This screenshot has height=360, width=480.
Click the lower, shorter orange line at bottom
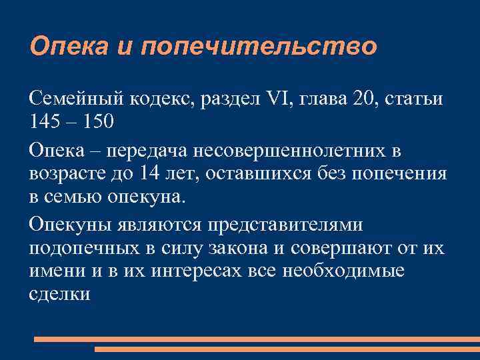[x=287, y=349]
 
